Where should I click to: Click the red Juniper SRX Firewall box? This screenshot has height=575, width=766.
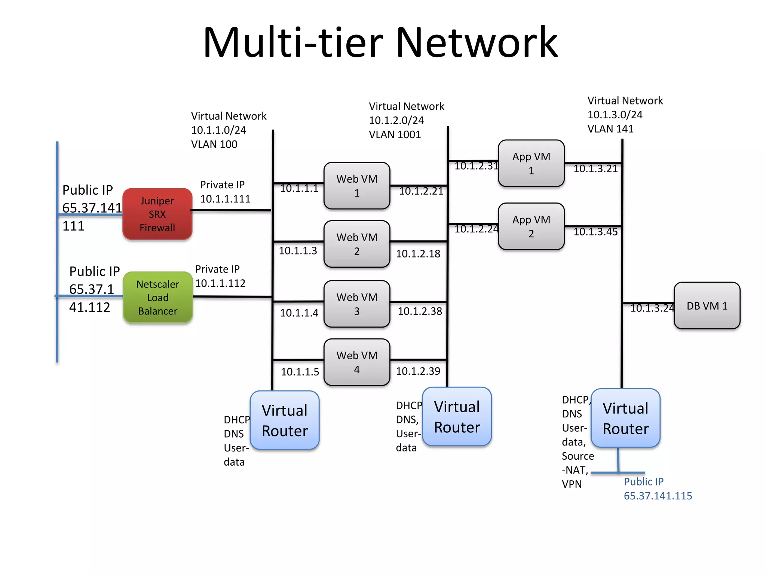pos(157,214)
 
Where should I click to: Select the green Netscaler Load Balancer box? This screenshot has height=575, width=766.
pos(157,297)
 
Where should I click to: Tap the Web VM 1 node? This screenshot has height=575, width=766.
pos(356,186)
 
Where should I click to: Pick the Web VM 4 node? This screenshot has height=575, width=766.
pos(356,362)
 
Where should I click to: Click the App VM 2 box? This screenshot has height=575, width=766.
pos(531,226)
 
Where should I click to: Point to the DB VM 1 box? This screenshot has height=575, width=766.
pos(707,306)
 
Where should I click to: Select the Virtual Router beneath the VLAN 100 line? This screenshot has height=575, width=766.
pos(284,420)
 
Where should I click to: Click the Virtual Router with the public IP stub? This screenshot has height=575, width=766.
pos(625,418)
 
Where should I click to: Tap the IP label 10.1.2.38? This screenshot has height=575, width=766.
pos(420,311)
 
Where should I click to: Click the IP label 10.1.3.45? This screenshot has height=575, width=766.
pos(595,232)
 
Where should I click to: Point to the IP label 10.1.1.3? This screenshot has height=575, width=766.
pos(298,250)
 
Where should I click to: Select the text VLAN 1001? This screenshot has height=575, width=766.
pos(395,134)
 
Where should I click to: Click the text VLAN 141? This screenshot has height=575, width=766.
pos(610,129)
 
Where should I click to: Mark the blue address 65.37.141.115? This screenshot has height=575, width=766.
pos(658,496)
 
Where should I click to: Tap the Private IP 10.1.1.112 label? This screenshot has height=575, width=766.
pos(220,283)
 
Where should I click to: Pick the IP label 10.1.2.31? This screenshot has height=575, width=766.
pos(476,165)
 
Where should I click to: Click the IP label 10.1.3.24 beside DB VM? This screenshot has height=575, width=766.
pos(652,308)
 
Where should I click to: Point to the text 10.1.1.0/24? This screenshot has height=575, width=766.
pos(218,130)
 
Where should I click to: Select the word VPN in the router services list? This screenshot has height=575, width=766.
pos(572,484)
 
